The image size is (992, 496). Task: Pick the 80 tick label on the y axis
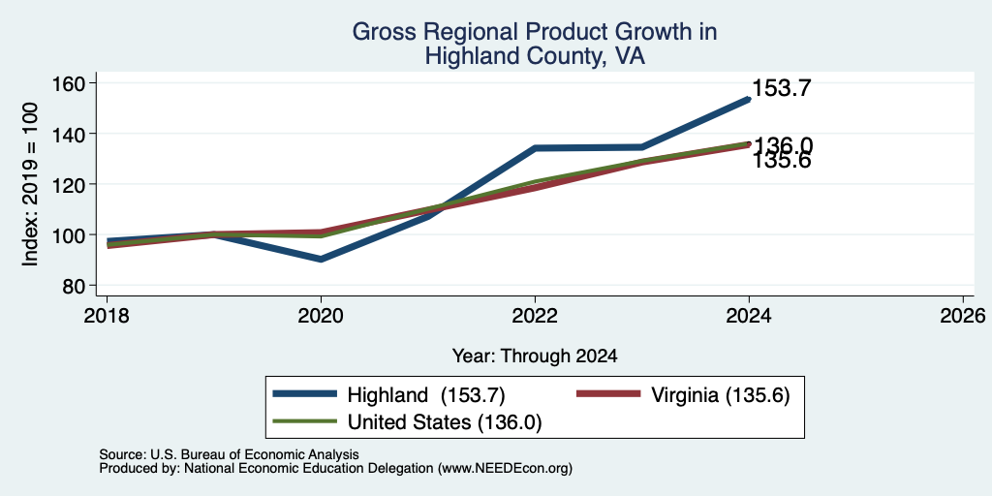74,286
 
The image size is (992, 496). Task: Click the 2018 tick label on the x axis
107,315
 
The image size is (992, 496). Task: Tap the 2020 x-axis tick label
322,315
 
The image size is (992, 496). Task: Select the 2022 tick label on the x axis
535,315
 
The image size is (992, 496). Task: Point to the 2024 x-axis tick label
749,315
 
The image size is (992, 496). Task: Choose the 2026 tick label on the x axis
963,315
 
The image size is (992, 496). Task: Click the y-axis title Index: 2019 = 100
30,185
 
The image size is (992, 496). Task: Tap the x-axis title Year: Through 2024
535,356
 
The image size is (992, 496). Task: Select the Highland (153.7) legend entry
388,395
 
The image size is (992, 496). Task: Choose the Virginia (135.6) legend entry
683,395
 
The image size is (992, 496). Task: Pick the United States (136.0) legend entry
407,422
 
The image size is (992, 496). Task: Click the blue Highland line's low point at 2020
322,260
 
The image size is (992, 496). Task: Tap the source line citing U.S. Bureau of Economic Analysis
229,454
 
